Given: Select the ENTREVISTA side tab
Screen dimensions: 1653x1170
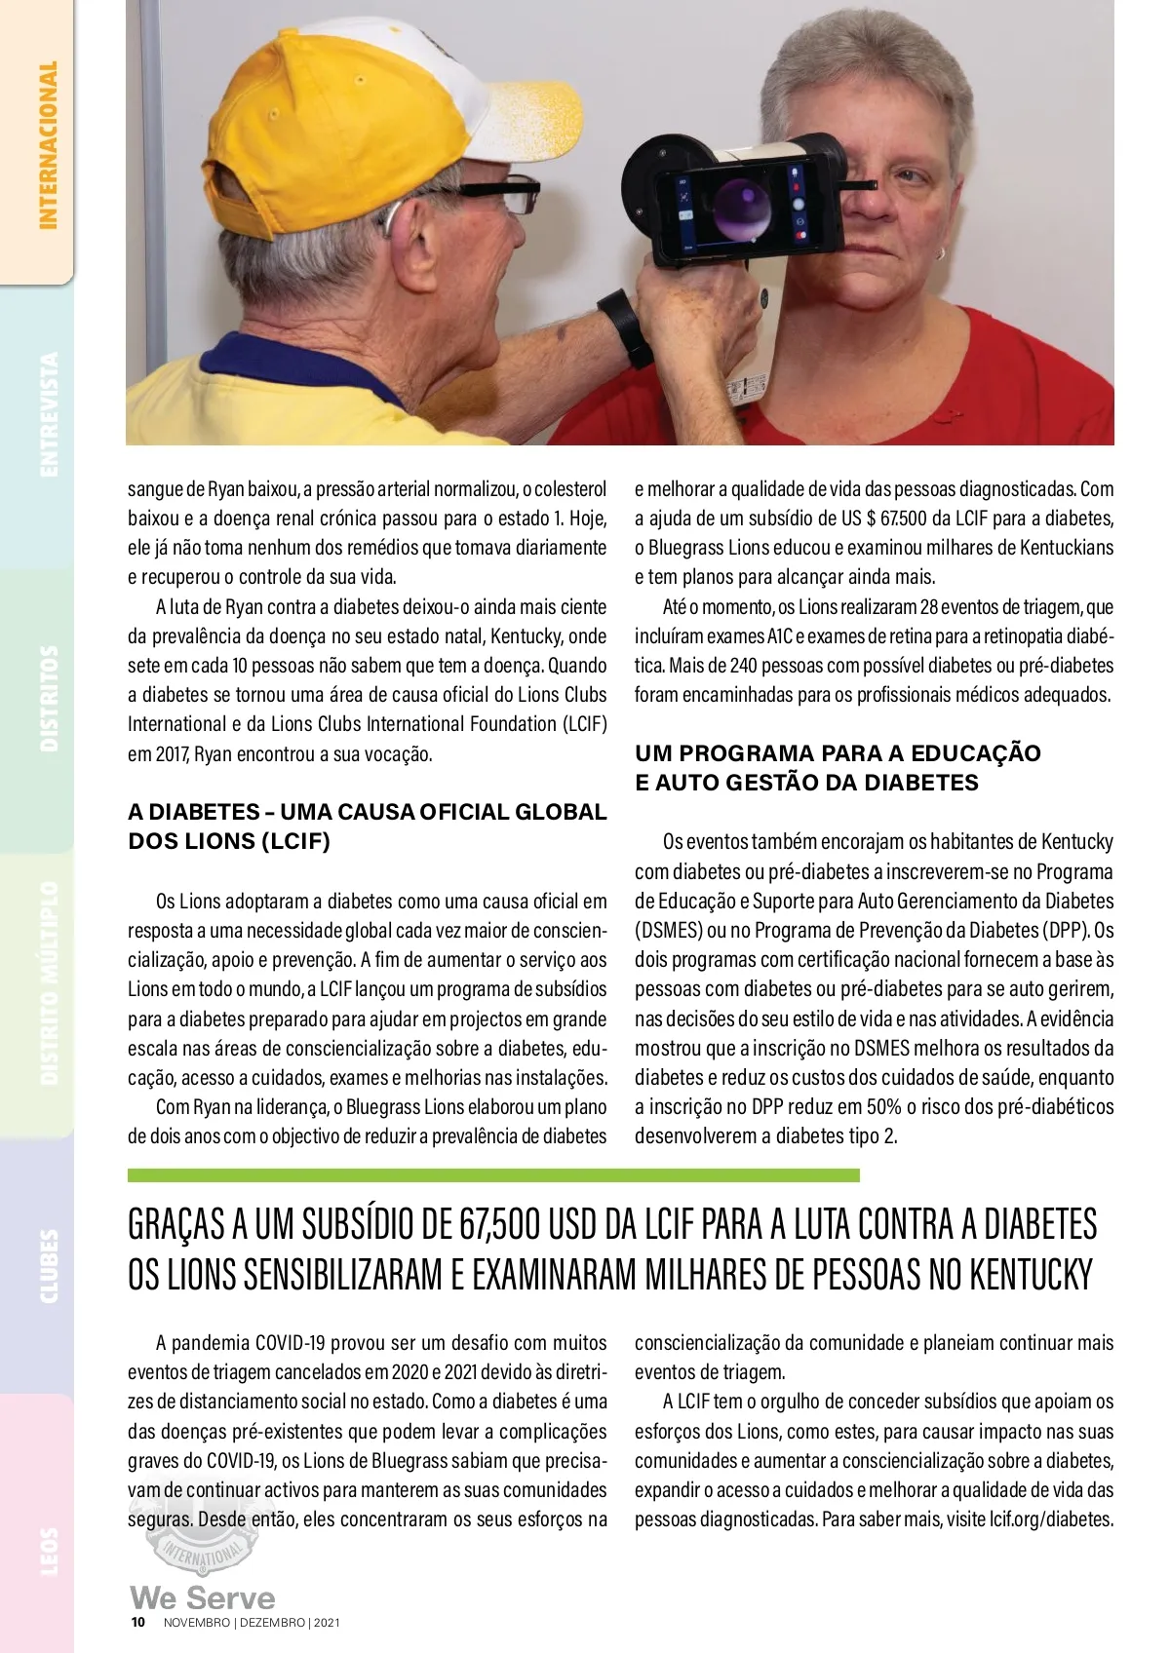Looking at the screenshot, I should [x=47, y=414].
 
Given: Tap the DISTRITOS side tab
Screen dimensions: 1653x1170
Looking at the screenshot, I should [x=47, y=698].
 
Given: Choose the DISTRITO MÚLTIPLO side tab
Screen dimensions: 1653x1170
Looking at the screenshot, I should [x=47, y=983].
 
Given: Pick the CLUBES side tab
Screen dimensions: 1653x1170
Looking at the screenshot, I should [x=47, y=1266].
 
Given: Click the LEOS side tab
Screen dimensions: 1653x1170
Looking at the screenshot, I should [x=47, y=1550].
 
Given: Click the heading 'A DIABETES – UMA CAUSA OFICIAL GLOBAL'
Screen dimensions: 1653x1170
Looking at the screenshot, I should [x=367, y=812].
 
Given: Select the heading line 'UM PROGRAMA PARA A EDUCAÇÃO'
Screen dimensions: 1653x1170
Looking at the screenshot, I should [x=838, y=753].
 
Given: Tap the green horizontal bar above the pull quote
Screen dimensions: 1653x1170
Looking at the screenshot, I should [x=493, y=1175].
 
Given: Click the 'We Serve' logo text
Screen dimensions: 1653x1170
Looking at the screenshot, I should [x=203, y=1597].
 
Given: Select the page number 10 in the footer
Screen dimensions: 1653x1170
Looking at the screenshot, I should [x=138, y=1623].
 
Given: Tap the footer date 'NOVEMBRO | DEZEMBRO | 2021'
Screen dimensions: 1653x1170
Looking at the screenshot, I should [x=252, y=1623].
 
